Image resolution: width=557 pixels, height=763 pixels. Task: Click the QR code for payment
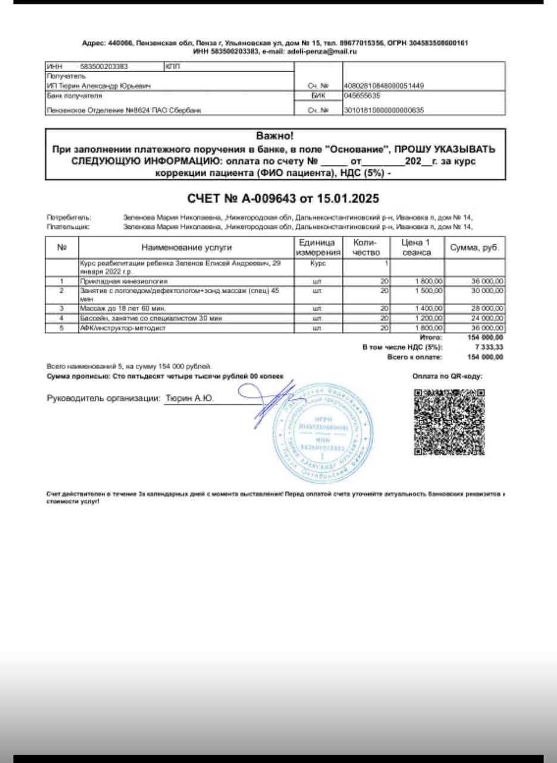click(x=449, y=422)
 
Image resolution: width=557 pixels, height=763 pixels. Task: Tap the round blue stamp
click(x=323, y=433)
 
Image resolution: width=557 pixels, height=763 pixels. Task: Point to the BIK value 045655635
click(x=362, y=95)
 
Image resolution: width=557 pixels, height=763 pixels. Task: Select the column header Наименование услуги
click(x=186, y=247)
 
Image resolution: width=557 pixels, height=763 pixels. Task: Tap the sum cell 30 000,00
click(x=487, y=291)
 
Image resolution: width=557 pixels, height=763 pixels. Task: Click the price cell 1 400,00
click(x=429, y=309)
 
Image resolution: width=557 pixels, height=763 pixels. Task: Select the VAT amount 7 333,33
click(x=490, y=347)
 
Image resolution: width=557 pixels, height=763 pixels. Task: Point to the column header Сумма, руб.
click(x=475, y=247)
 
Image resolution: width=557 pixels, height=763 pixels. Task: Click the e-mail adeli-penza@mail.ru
click(x=322, y=52)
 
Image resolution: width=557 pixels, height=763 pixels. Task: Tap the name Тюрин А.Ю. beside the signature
click(x=189, y=398)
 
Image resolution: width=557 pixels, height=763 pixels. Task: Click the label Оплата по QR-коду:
click(x=447, y=376)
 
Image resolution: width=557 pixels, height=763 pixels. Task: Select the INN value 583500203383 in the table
click(x=104, y=67)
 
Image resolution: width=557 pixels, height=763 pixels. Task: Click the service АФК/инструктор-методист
click(x=122, y=328)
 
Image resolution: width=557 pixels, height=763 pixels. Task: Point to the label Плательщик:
click(x=68, y=227)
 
